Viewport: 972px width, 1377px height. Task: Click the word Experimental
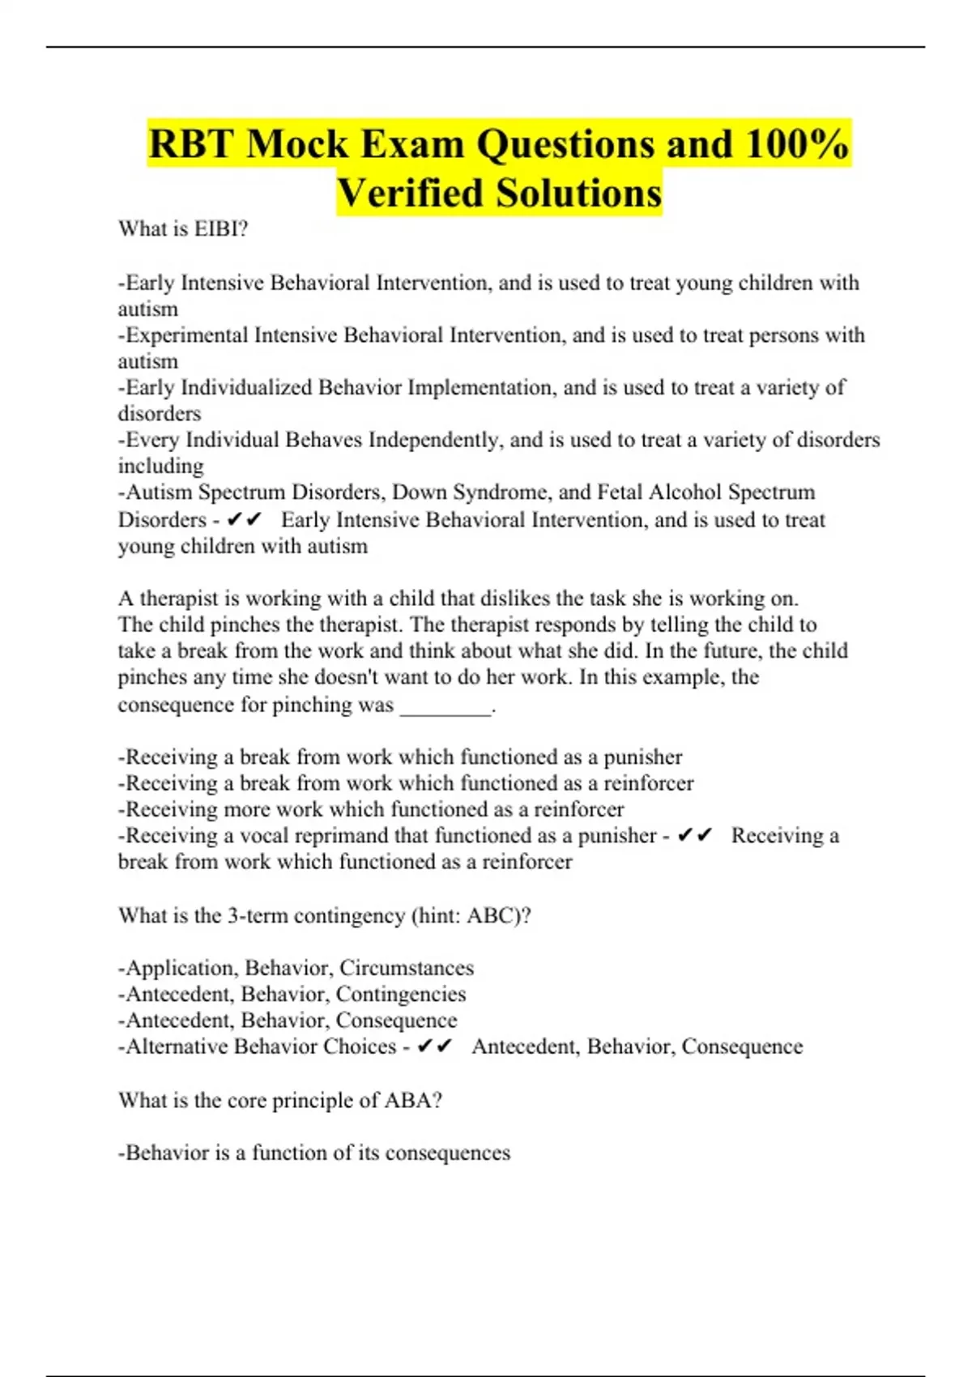[186, 335]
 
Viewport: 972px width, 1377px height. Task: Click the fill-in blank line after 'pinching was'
[446, 706]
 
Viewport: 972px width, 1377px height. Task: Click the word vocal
[264, 835]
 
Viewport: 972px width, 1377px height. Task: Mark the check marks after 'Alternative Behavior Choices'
[434, 1047]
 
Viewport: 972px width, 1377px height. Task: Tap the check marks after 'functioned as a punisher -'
[694, 835]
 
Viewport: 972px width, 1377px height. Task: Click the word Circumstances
[407, 968]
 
